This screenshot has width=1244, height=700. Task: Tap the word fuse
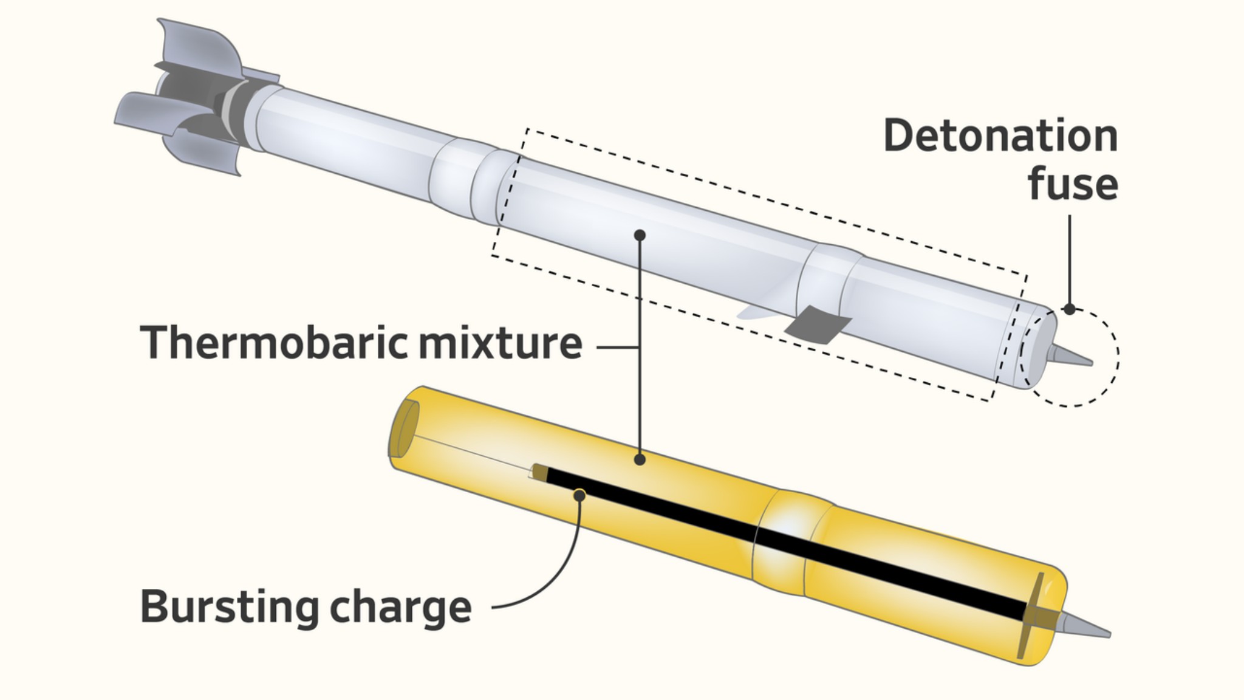tap(1073, 183)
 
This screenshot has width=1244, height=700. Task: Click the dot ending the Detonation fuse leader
tap(1070, 309)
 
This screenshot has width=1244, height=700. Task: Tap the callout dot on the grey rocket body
tap(639, 235)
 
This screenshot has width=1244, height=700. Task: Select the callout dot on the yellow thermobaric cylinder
tap(639, 460)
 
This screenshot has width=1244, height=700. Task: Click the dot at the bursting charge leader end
tap(579, 496)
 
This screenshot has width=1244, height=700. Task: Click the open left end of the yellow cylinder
tap(403, 428)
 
